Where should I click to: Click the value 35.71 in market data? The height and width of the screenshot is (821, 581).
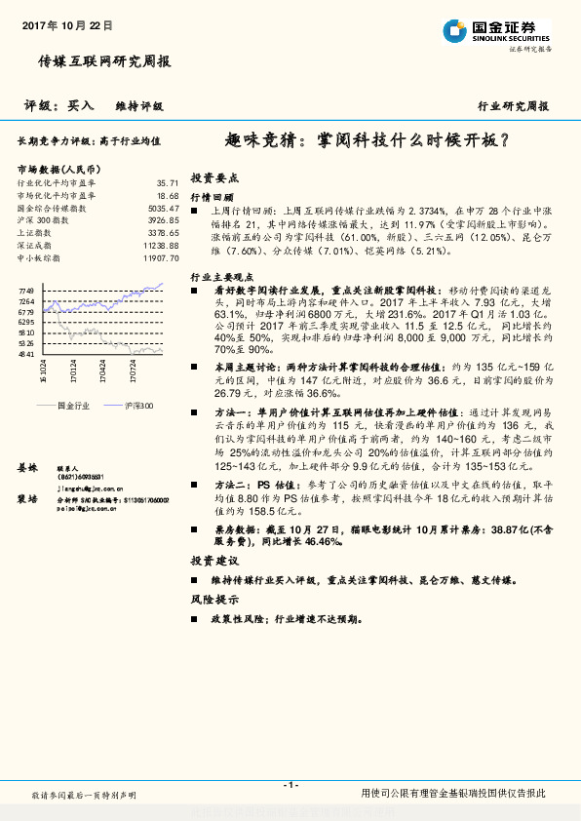point(168,182)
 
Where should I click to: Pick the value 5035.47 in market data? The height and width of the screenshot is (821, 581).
point(164,208)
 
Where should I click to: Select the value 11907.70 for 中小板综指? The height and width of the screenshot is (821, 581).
point(161,258)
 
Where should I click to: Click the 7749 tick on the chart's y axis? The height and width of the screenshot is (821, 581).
point(26,291)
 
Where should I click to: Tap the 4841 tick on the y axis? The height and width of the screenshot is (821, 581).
point(26,354)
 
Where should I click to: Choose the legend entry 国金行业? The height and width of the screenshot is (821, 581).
point(73,404)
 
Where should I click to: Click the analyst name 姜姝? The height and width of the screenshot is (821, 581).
point(26,469)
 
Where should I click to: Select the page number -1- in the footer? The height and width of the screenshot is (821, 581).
point(290,785)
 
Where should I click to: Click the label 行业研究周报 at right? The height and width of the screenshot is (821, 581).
point(513,106)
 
